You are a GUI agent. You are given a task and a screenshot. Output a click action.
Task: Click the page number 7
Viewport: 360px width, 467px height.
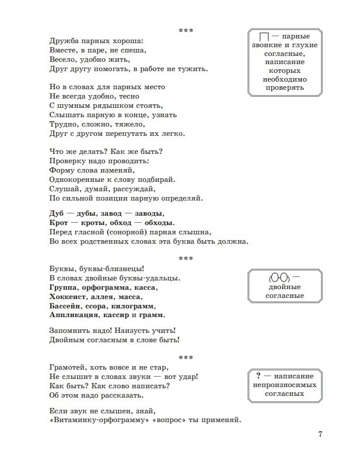[x=320, y=434]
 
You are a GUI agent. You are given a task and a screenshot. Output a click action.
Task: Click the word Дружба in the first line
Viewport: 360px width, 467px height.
[x=63, y=41]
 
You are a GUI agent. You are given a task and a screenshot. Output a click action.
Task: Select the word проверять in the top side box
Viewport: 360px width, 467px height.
[x=285, y=88]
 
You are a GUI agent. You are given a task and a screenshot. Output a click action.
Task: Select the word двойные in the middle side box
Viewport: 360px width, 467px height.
[x=285, y=287]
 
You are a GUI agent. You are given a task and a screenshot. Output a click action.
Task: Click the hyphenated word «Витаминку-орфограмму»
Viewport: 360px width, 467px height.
[x=99, y=421]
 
